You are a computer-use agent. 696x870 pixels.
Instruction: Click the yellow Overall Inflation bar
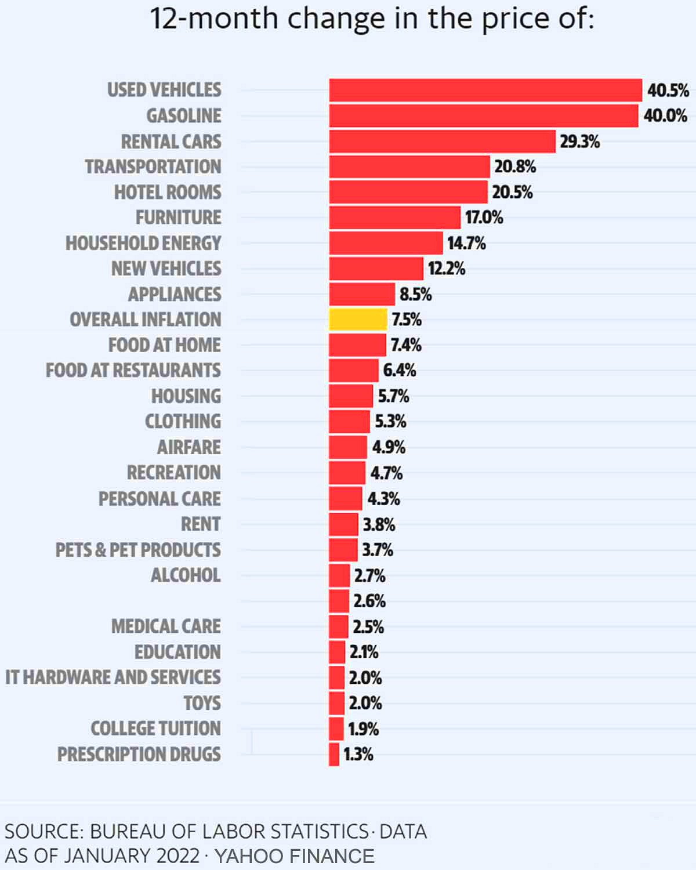[358, 320]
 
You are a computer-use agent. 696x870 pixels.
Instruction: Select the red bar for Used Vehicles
[485, 90]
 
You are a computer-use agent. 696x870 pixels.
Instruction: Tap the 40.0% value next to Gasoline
[665, 116]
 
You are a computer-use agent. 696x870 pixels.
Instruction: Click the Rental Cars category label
[171, 142]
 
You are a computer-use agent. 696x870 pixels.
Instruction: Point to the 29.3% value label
[579, 142]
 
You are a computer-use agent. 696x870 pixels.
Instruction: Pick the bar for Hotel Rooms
[408, 192]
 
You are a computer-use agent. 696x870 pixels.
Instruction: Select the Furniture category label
[179, 217]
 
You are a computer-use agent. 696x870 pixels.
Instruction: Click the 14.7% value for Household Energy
[466, 243]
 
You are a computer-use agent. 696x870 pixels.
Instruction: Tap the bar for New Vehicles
[376, 269]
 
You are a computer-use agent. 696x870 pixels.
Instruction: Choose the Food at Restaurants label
[133, 370]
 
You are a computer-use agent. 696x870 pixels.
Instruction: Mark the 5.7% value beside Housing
[393, 396]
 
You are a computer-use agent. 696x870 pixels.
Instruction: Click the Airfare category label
[189, 447]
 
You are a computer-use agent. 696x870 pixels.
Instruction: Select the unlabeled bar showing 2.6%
[339, 601]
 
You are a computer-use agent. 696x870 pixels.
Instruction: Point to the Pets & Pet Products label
[138, 549]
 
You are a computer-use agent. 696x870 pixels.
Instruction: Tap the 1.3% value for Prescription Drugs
[358, 754]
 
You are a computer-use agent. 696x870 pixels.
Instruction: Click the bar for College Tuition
[336, 728]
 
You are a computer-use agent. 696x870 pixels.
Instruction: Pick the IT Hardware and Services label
[113, 677]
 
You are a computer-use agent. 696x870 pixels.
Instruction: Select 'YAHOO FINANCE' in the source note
[295, 856]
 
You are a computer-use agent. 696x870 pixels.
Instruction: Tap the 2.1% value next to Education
[364, 652]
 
